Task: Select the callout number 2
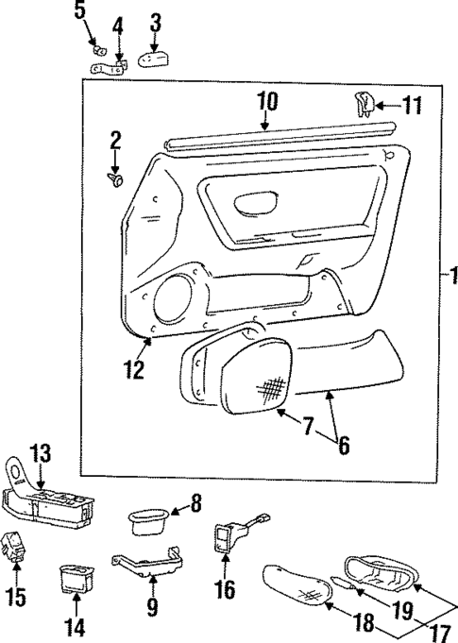(114, 143)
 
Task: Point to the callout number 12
(134, 366)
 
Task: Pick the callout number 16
(226, 591)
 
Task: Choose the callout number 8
(195, 503)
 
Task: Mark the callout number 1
(450, 277)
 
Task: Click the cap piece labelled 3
(152, 59)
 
